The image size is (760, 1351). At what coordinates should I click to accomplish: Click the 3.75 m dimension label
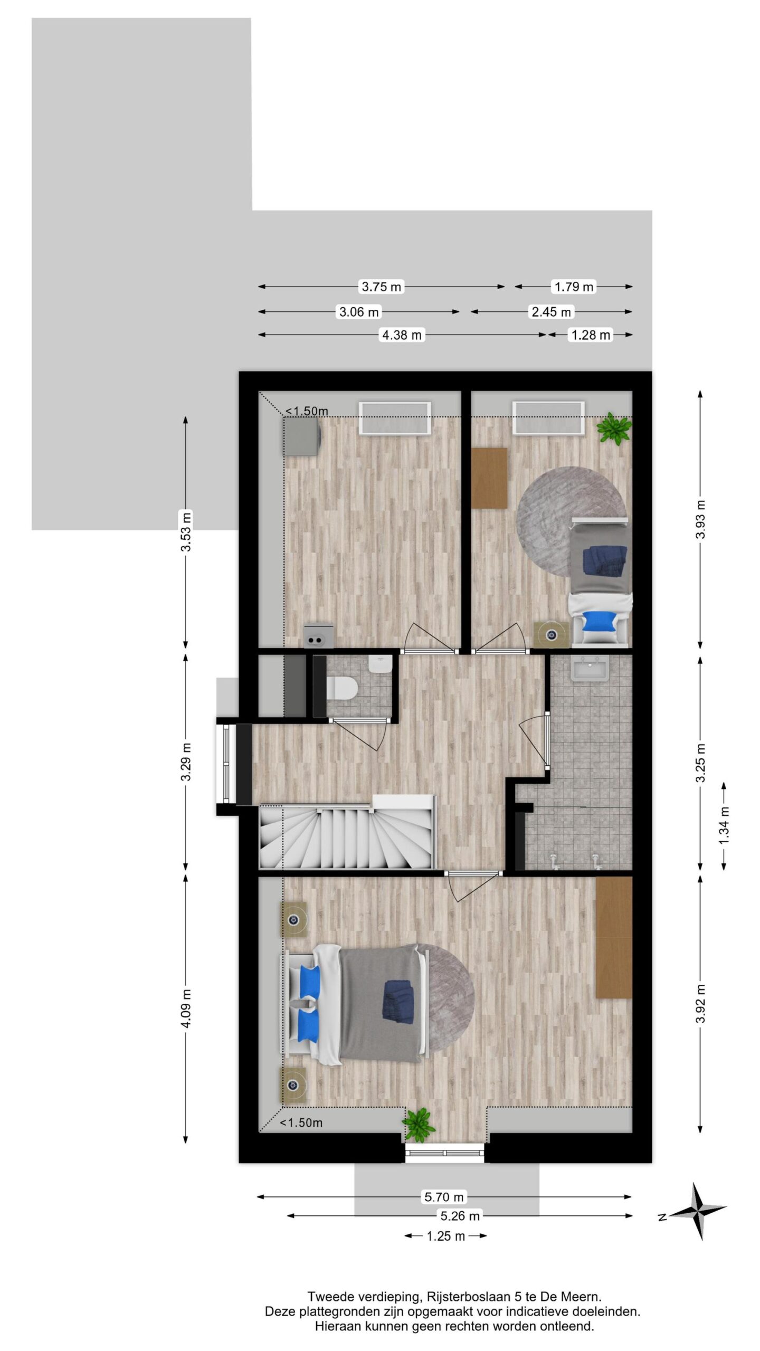pyautogui.click(x=381, y=287)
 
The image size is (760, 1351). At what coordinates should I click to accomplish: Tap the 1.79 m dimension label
pyautogui.click(x=574, y=287)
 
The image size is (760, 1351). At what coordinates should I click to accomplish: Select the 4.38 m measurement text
pyautogui.click(x=402, y=335)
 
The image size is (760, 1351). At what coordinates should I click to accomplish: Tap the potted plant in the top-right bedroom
pyautogui.click(x=614, y=428)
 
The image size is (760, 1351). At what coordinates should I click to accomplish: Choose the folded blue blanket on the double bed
pyautogui.click(x=399, y=1010)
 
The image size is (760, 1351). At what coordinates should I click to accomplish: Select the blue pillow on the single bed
pyautogui.click(x=601, y=621)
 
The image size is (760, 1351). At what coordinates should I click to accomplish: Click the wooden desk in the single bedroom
pyautogui.click(x=489, y=478)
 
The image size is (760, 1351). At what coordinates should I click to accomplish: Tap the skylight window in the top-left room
pyautogui.click(x=395, y=418)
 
